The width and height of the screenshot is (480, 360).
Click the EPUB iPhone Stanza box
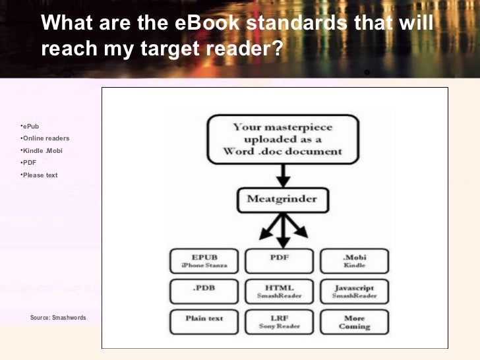pos(204,260)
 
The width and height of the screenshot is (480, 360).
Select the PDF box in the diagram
pos(279,260)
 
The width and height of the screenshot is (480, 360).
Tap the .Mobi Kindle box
pos(354,260)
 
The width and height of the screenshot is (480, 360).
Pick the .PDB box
pos(204,291)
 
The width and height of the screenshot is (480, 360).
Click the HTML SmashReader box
pos(279,291)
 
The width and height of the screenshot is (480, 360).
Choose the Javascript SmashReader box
pos(354,291)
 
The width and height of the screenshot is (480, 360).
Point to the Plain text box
pos(204,321)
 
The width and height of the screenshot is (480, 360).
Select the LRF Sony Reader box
pos(279,321)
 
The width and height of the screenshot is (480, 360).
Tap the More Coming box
pos(354,321)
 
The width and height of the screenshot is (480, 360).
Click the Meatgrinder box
pos(282,198)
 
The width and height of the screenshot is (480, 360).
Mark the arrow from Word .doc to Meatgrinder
pos(283,175)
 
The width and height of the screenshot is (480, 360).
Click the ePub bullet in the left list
pos(30,126)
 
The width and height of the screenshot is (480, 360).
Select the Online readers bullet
pos(45,138)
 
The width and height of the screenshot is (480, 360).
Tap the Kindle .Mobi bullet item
pos(42,151)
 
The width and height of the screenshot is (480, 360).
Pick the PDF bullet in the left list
pos(29,162)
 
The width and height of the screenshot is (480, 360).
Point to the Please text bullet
pos(40,175)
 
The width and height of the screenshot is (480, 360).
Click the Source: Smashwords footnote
pos(58,318)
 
